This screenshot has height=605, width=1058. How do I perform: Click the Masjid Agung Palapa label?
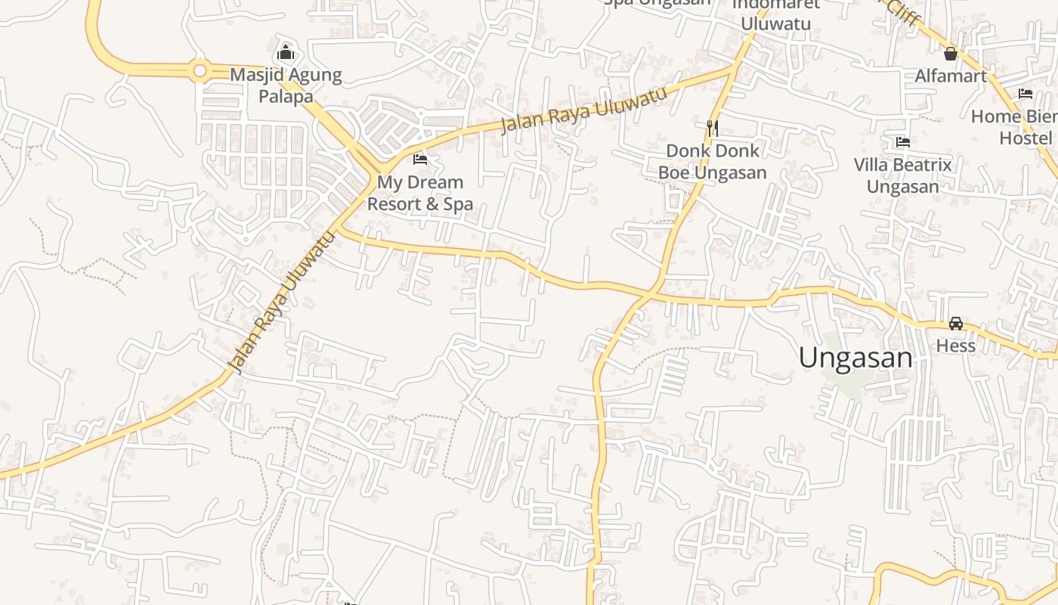tap(286, 85)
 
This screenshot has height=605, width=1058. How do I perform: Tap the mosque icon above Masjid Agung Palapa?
tap(286, 53)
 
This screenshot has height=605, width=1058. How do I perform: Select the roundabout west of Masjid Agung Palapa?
tap(200, 71)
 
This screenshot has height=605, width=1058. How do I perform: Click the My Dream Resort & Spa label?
tap(420, 193)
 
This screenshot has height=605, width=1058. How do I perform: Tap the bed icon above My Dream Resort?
tap(420, 160)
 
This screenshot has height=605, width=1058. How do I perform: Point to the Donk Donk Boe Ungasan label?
tap(712, 162)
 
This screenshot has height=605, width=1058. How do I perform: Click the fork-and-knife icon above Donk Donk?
tap(712, 128)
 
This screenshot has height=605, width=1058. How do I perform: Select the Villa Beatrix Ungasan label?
tap(902, 175)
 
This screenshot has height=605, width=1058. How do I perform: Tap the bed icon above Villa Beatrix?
tap(902, 141)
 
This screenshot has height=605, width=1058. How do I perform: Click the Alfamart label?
tap(951, 76)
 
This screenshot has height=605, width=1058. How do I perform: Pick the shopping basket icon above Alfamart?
tap(951, 54)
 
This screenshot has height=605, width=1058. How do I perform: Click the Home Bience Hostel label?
tap(1016, 127)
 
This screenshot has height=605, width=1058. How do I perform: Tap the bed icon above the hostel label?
tap(1026, 94)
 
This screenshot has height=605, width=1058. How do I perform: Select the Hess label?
tap(956, 346)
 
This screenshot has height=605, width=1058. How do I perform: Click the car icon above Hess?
tap(956, 324)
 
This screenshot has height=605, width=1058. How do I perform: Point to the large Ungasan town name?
tap(855, 358)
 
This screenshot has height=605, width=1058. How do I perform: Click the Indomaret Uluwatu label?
tap(775, 15)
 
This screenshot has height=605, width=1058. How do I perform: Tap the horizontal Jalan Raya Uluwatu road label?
tap(584, 110)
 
